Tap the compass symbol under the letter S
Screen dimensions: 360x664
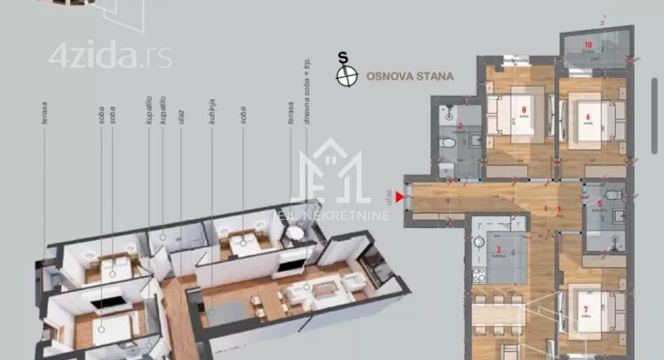tap(345, 77)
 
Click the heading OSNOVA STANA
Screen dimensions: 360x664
tap(409, 77)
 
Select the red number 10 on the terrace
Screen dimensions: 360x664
tap(588, 44)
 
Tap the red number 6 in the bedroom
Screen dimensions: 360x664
tap(589, 116)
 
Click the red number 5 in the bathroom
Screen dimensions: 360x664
tap(600, 204)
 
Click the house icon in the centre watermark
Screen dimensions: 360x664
tap(331, 177)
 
